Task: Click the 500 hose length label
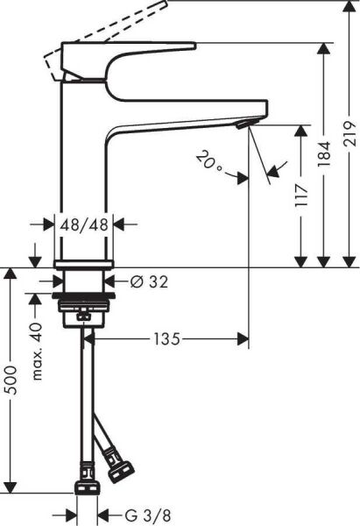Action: [11, 380]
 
